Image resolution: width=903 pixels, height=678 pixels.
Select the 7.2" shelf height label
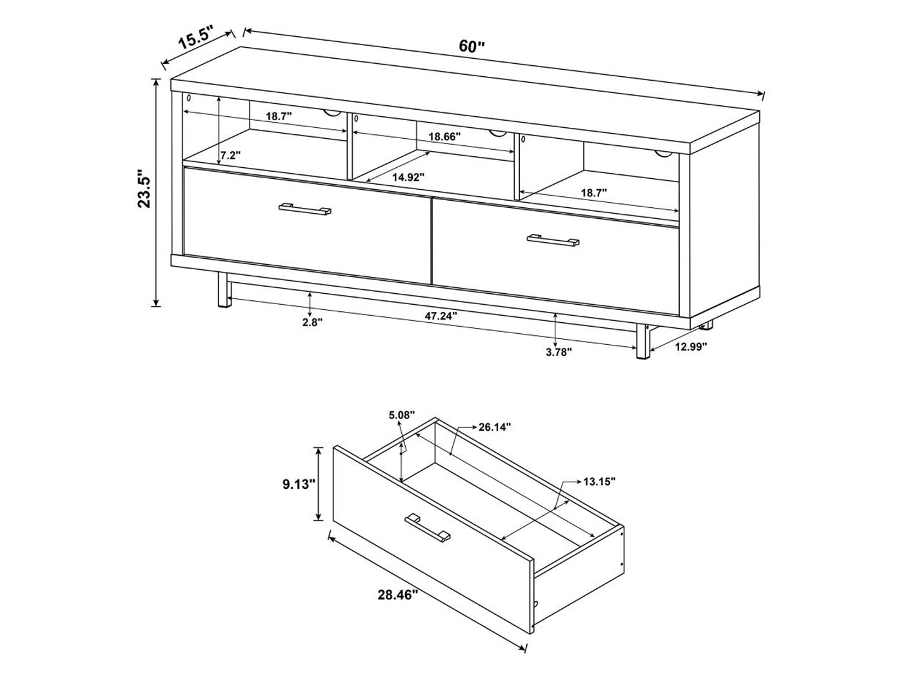[230, 155]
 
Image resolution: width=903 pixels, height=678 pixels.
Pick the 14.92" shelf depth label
[408, 178]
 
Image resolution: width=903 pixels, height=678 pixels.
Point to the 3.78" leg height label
[559, 352]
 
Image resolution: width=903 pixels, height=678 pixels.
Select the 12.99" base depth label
[691, 346]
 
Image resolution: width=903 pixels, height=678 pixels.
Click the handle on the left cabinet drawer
[304, 209]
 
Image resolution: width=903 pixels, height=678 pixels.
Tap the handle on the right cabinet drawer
[553, 241]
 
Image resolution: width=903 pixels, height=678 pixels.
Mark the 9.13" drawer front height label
[298, 484]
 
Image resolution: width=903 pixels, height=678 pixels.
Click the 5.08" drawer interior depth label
[402, 415]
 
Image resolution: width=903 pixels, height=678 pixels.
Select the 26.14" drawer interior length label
[495, 427]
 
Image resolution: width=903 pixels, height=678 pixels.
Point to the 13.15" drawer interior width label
[599, 481]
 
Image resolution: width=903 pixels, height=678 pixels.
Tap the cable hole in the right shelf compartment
[664, 154]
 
